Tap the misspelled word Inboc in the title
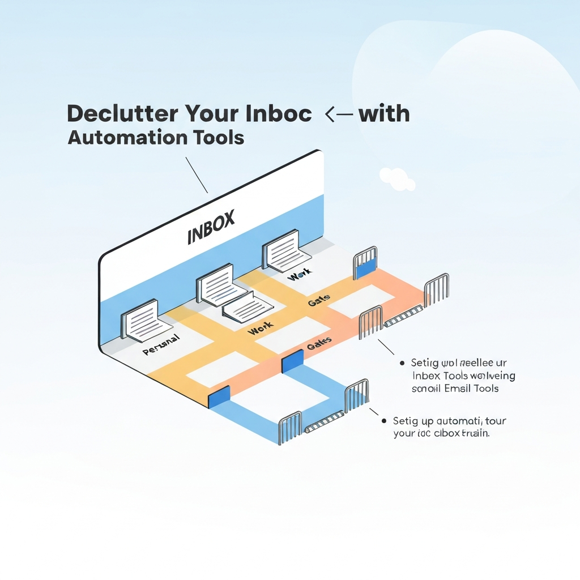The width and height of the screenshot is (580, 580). tap(279, 114)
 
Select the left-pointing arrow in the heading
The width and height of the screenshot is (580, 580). tap(338, 114)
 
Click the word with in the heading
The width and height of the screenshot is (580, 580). tap(384, 114)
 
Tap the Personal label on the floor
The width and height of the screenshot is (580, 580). tap(161, 345)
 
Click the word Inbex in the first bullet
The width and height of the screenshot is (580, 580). tap(428, 376)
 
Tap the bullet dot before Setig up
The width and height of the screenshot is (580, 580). tap(385, 421)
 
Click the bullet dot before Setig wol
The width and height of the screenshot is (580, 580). tap(401, 363)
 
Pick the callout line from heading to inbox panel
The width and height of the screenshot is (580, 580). tap(197, 174)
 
